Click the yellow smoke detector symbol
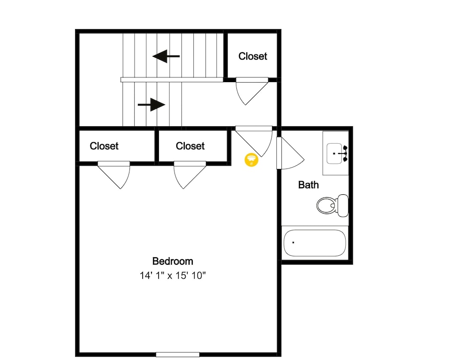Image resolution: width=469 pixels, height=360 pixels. coord(251,160)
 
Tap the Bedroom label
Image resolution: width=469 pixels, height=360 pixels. coord(173,261)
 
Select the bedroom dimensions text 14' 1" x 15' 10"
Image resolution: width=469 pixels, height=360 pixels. coord(173,276)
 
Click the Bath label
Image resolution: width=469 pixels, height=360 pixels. coord(309,185)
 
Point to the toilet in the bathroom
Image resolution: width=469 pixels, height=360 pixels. coord(333,205)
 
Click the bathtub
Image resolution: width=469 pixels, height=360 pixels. coord(315,243)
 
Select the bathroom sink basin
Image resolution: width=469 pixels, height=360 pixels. coord(334,153)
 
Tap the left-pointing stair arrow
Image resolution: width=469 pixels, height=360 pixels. coord(166,56)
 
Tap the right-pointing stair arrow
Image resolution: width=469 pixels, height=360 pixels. coord(151,105)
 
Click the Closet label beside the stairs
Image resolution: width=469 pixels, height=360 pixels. coord(253,56)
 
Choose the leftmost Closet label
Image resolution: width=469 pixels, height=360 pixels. coord(104,146)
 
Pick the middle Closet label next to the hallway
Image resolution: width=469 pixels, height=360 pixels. coord(190,146)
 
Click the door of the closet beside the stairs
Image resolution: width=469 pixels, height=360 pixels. coord(252,91)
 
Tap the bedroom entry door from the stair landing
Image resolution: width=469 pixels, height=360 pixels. coord(254,141)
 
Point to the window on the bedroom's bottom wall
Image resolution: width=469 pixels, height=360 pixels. coord(178,355)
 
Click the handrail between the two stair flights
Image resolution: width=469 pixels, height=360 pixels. coord(172,80)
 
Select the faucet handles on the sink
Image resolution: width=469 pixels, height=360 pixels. coord(345,153)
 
